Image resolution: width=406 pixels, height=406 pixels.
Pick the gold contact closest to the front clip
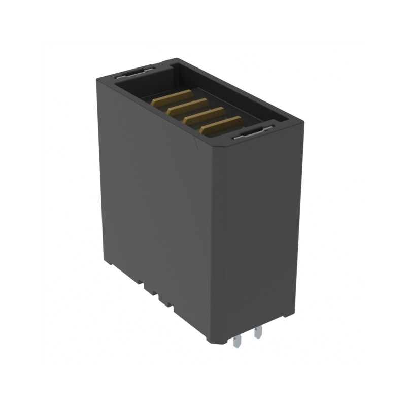pyautogui.click(x=221, y=125)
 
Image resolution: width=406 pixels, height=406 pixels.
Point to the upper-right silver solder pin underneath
pyautogui.click(x=258, y=333)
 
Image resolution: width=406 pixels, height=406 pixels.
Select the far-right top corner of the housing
pyautogui.click(x=303, y=122)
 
